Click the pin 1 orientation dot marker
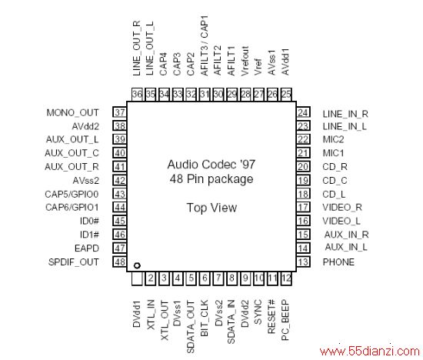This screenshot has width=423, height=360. click(137, 265)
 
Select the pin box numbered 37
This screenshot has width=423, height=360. click(119, 112)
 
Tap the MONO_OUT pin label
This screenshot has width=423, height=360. click(72, 113)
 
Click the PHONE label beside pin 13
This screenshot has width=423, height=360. click(338, 262)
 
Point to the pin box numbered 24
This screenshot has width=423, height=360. click(303, 112)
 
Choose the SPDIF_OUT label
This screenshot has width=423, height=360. click(73, 262)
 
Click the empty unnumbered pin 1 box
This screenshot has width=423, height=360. click(137, 278)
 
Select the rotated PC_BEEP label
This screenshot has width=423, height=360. click(285, 320)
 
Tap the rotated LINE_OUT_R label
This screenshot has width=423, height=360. click(137, 48)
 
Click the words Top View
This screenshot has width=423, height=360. click(211, 208)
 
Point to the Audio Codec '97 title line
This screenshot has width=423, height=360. click(211, 165)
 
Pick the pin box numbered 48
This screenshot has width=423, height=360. click(119, 262)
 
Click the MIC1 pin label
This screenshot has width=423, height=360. click(334, 153)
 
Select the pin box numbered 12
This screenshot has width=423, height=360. click(286, 278)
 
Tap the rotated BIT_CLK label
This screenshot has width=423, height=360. click(205, 318)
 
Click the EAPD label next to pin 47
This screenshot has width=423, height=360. click(87, 248)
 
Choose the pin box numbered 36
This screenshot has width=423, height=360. click(137, 95)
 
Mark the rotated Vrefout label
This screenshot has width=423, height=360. click(245, 61)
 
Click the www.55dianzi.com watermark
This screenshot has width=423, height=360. click(370, 351)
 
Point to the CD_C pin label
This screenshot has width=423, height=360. click(335, 181)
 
